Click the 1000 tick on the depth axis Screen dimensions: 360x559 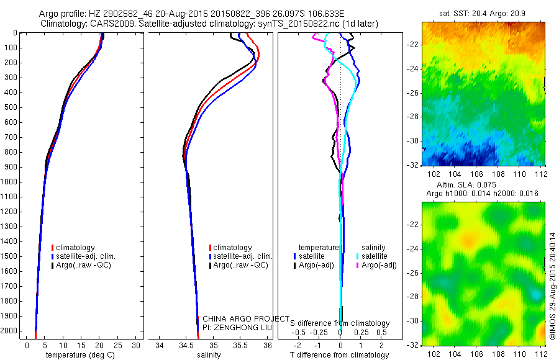click(11, 182)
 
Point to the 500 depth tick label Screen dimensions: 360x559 click(11, 107)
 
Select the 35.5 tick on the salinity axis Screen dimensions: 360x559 click(240, 345)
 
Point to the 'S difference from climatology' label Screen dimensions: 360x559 click(340, 323)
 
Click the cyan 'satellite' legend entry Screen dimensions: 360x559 click(375, 256)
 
